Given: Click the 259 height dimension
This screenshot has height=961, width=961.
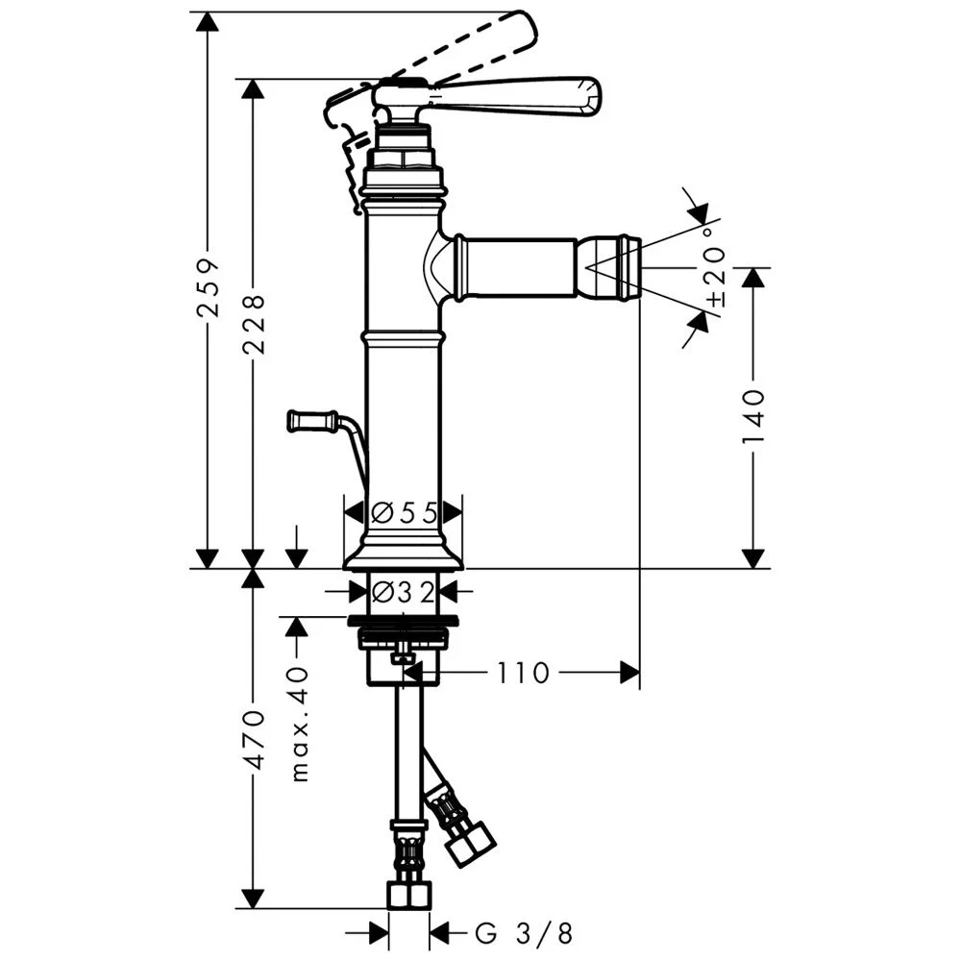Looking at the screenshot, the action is (209, 286).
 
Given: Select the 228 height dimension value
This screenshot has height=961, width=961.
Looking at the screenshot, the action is (254, 324).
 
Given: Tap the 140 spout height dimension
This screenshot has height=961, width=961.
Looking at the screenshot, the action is (752, 417).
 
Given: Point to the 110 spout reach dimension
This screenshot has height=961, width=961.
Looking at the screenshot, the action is (522, 673).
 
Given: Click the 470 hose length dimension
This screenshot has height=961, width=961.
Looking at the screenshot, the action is (254, 740).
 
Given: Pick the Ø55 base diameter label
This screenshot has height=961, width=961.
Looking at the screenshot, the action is (405, 512).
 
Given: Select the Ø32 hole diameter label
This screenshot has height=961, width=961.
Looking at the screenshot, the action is (404, 591).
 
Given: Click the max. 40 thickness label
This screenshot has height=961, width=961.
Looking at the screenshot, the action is (299, 725).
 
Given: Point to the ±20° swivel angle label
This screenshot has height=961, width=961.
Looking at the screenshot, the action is (714, 267).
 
